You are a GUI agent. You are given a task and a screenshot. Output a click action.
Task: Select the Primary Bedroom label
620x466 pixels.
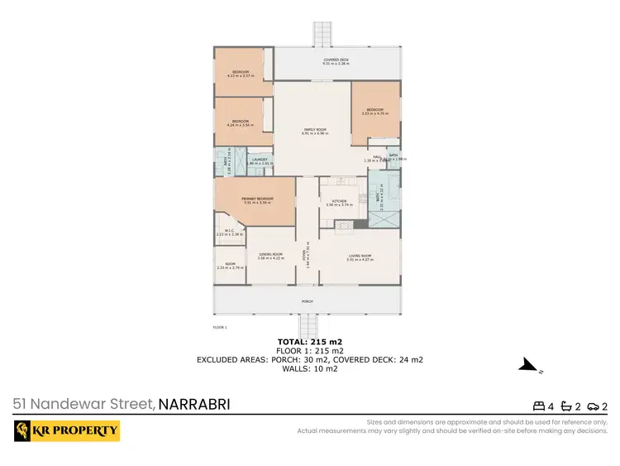256,199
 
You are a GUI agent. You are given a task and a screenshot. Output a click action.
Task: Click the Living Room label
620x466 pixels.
360,256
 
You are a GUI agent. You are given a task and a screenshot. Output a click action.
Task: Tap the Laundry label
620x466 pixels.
259,160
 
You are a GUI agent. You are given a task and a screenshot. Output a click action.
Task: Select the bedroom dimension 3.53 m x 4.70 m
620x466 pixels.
375,114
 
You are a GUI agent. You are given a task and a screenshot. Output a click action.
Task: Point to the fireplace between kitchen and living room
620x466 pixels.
358,223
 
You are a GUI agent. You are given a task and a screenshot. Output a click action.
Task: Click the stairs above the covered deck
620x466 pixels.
321,35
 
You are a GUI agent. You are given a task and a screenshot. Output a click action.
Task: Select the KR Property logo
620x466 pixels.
67,431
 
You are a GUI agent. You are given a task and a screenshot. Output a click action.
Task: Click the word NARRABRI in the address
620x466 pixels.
193,405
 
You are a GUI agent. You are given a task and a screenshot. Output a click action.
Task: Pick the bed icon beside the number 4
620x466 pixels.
539,406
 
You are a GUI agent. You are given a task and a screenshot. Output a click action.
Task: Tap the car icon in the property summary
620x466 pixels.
594,406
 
